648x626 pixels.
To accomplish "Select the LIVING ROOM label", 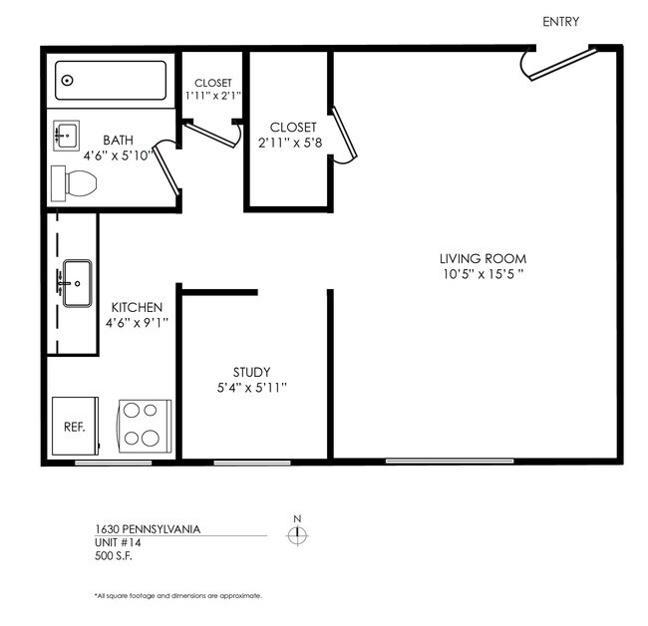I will coord(483,258).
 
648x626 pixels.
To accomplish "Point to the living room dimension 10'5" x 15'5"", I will coord(483,274).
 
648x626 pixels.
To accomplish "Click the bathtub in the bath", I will coord(111,81).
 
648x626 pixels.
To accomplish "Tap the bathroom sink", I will coord(68,135).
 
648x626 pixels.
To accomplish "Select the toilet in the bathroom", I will coord(75,182).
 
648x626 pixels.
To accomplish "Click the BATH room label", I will coord(119,140).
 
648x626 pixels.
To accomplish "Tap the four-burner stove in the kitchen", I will coord(145,426).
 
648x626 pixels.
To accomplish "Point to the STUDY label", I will coord(251,372).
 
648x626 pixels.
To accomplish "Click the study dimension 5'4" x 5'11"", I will coord(251,388).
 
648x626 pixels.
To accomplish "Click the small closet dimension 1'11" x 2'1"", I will coord(213,96).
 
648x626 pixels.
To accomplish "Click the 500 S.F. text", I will coord(112,556).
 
